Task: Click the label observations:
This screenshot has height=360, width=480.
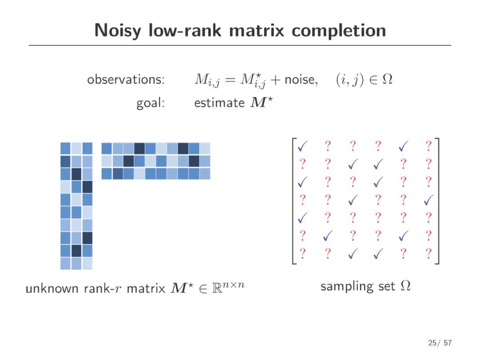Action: (126, 80)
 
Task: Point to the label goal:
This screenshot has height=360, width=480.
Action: (151, 103)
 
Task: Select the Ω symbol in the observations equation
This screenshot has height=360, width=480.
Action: (388, 80)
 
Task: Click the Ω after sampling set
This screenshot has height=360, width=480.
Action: (405, 286)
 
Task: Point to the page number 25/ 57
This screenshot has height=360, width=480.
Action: (440, 343)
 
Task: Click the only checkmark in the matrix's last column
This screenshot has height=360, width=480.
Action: (428, 200)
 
